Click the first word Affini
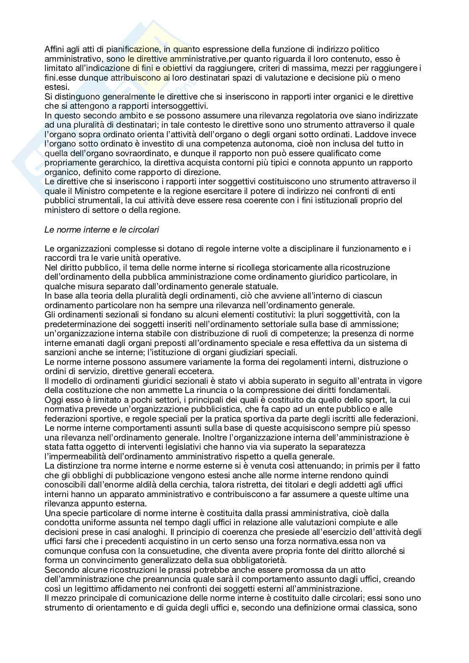point(54,50)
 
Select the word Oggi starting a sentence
point(53,399)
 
